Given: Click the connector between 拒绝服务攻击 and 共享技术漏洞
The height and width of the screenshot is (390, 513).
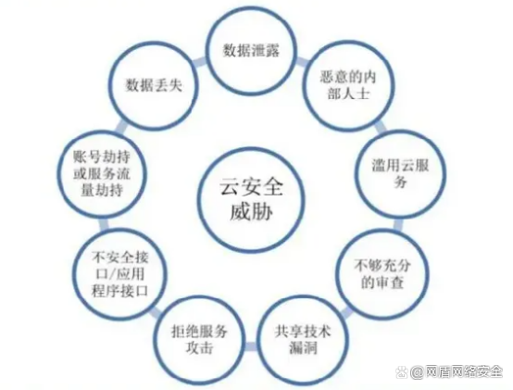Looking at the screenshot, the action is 251,346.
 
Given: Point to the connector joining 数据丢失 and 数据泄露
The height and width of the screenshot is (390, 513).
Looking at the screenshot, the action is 200,62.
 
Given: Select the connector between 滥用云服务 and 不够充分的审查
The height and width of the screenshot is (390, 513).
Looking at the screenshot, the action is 398,224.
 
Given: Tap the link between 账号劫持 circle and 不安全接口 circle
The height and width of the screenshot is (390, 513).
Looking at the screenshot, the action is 104,224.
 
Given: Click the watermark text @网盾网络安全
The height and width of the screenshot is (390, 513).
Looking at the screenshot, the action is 457,372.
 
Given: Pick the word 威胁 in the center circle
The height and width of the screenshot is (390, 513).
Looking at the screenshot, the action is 251,212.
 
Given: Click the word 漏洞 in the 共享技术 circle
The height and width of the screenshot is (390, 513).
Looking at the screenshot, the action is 303,347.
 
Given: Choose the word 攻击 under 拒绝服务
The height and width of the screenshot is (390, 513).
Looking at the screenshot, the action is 200,347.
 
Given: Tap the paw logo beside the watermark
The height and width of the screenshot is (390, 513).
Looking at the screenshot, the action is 402,372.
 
